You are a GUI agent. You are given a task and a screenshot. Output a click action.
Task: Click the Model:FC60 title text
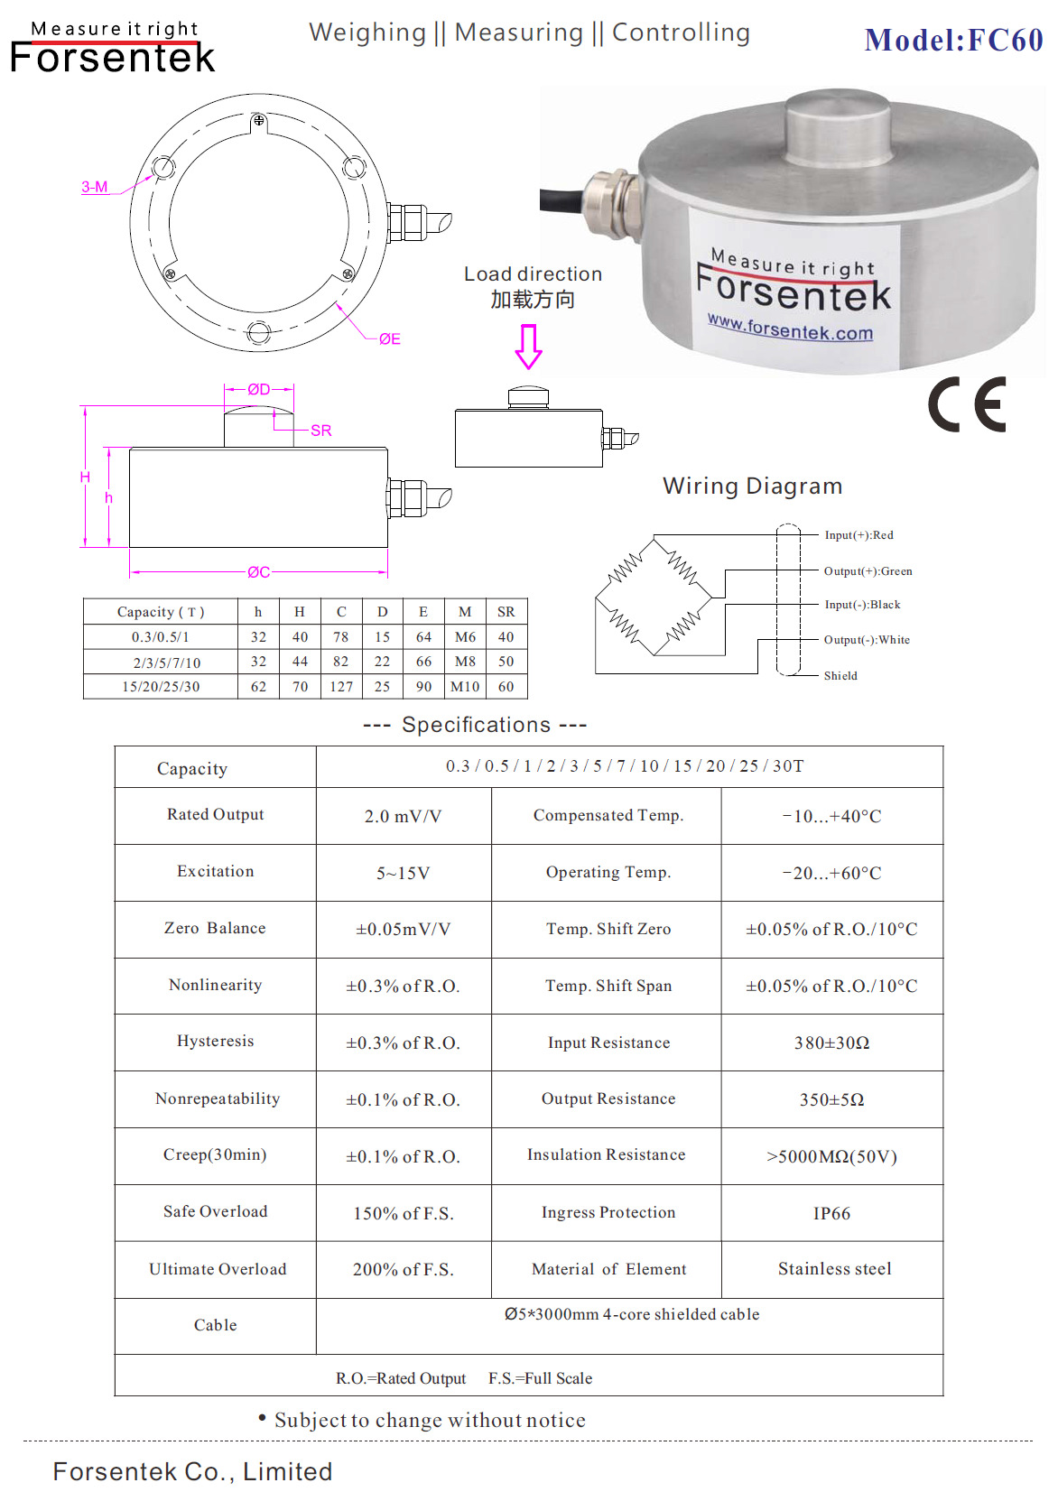(x=953, y=41)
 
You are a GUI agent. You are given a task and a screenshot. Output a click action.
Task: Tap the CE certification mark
(x=967, y=405)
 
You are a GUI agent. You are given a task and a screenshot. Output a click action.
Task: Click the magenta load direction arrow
(x=528, y=347)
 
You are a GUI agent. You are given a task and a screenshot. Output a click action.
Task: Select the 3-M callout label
(x=95, y=187)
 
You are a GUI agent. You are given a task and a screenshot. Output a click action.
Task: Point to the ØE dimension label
(x=389, y=339)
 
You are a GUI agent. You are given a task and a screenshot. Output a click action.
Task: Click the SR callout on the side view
(x=320, y=431)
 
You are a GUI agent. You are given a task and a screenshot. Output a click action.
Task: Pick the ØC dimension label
(x=258, y=572)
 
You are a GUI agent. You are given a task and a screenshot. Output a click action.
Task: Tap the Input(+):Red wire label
(x=858, y=535)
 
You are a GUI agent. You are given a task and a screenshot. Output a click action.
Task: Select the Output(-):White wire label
(x=867, y=640)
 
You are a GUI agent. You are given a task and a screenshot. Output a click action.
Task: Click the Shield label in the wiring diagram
(x=840, y=676)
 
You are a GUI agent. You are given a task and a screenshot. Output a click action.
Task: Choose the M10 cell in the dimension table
(x=465, y=687)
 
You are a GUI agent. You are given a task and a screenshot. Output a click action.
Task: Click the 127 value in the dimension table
(x=341, y=687)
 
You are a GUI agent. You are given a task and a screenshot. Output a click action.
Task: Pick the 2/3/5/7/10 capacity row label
(x=166, y=663)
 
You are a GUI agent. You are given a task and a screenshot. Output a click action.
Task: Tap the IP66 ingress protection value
(x=831, y=1214)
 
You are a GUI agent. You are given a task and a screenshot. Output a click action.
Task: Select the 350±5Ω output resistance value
(x=831, y=1100)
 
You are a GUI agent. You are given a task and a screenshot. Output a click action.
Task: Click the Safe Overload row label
(x=215, y=1212)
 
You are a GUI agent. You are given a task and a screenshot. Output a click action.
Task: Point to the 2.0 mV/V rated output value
(x=403, y=817)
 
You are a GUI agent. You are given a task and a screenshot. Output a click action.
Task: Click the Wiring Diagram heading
(x=752, y=487)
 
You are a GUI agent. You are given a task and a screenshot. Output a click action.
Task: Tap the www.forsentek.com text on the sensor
(x=790, y=327)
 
